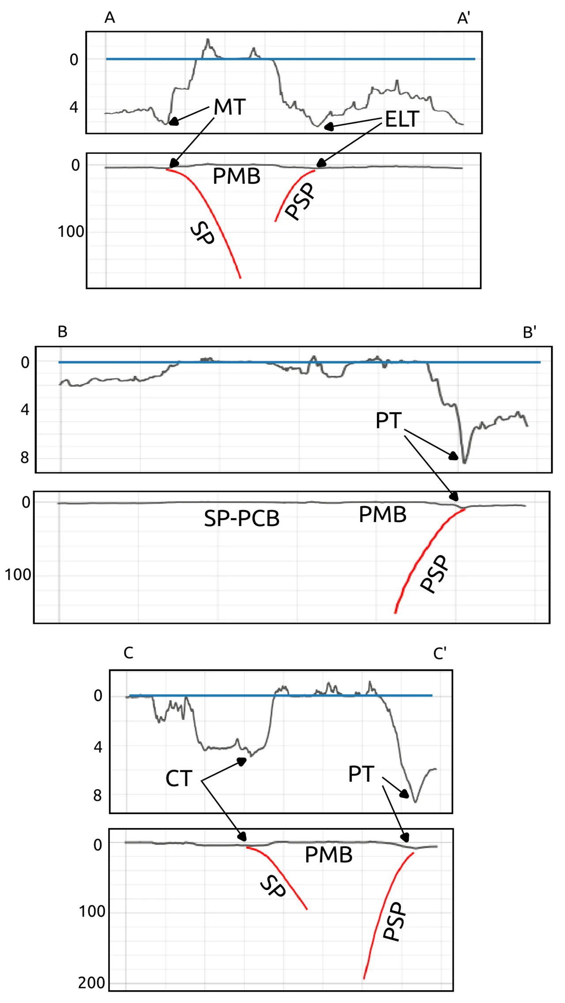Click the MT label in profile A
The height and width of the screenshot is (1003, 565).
coord(230,107)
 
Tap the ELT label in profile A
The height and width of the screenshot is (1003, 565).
coord(402,119)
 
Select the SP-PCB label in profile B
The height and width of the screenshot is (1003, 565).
coord(242,519)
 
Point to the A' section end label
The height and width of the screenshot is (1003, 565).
coord(463,18)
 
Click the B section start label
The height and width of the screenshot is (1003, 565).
coord(62,332)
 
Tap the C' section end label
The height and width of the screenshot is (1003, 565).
coord(440,653)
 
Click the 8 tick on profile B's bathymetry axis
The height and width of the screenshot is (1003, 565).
coord(25,458)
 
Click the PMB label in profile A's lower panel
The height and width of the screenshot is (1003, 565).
coord(237,177)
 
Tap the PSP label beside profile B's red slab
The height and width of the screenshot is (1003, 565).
coord(435,574)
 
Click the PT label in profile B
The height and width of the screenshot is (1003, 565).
coord(388,420)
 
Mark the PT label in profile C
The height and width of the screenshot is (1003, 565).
coord(361,774)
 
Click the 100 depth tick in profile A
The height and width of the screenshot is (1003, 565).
coord(71,231)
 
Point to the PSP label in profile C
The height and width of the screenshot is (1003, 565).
coord(394,921)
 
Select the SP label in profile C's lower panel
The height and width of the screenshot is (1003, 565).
coord(273,886)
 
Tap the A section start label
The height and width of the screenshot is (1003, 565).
coord(110,18)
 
